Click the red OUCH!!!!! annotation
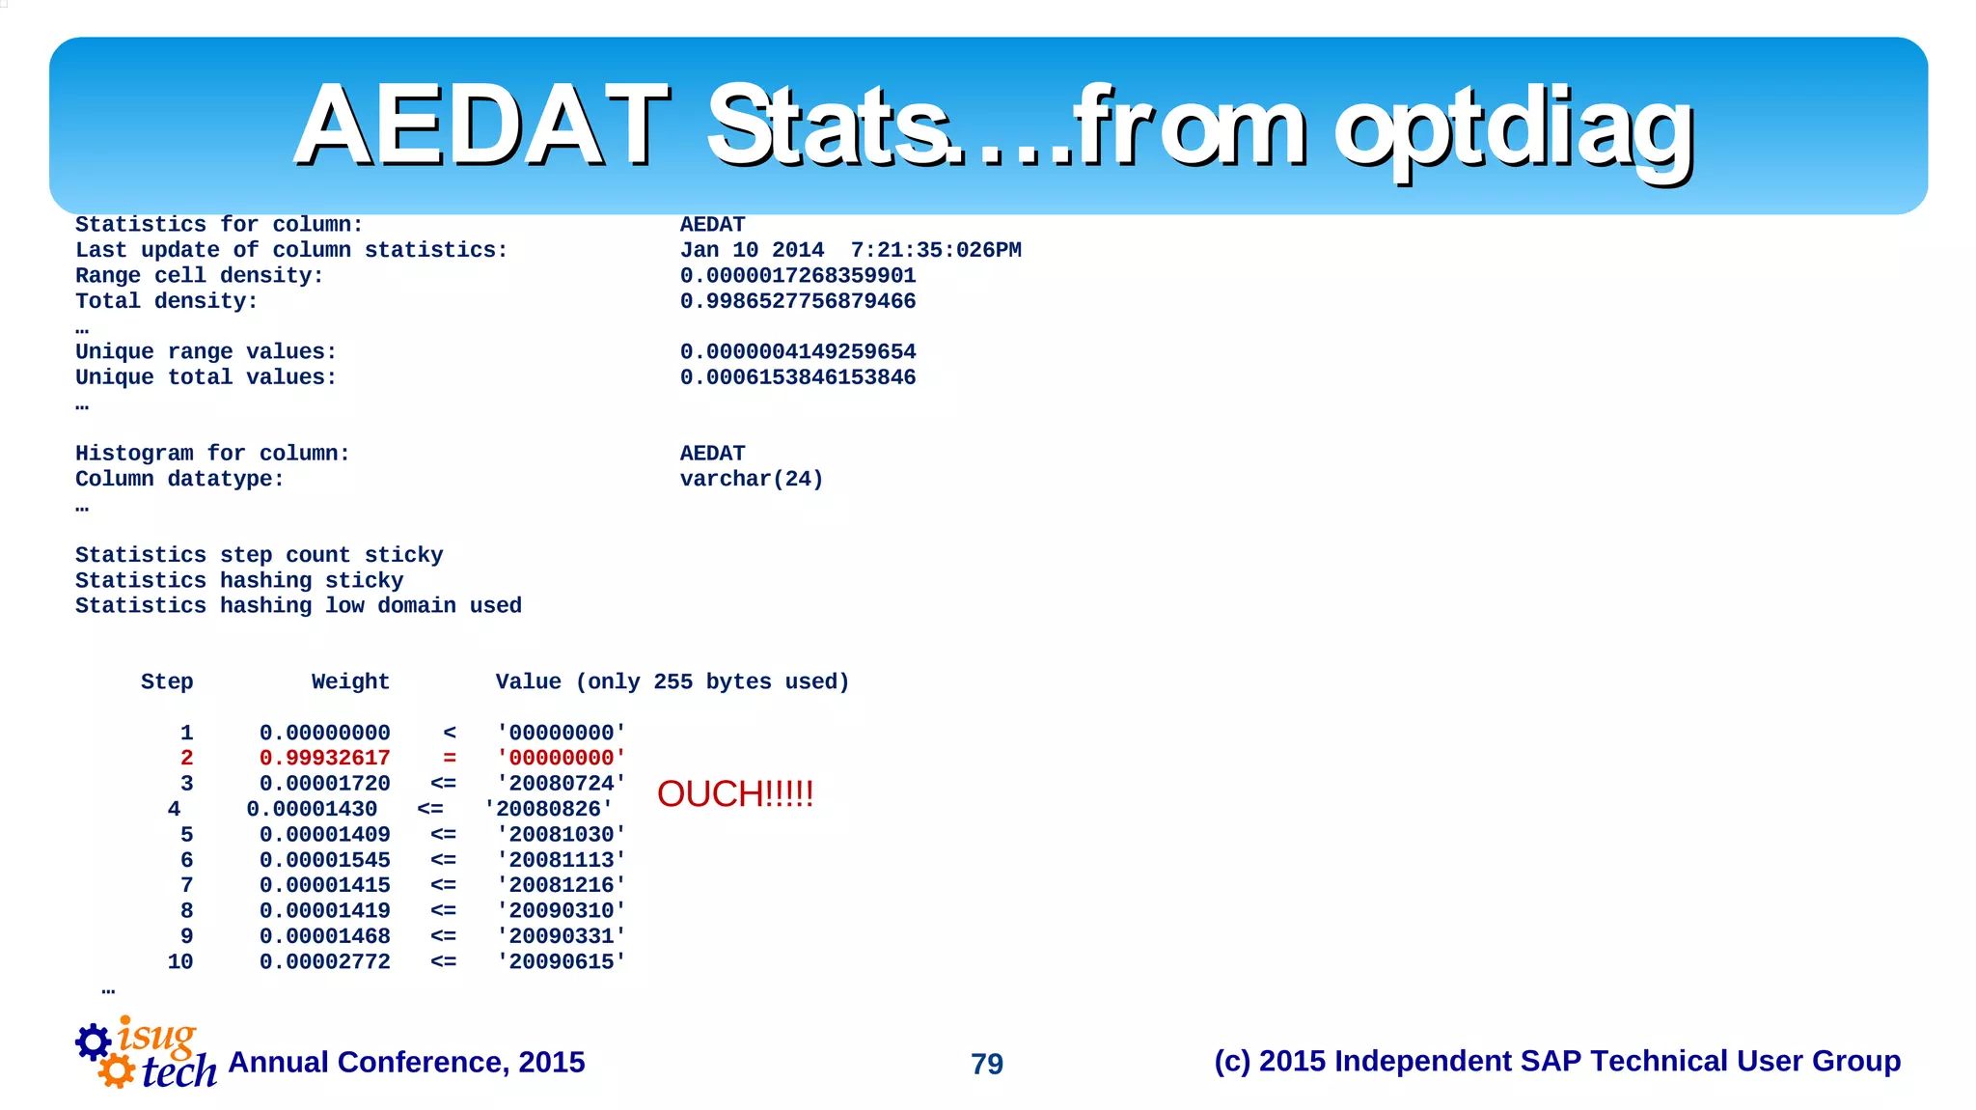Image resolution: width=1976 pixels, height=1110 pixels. click(735, 794)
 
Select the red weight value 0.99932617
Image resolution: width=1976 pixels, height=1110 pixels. click(324, 759)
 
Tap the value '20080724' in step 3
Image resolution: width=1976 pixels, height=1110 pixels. click(562, 784)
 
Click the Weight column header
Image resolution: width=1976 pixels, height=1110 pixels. click(350, 682)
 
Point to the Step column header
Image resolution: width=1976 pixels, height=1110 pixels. click(167, 682)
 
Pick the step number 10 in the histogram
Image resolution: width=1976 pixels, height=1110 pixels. click(180, 962)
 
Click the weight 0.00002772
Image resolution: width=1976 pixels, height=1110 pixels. click(324, 962)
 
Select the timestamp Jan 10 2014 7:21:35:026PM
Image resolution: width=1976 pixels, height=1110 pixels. click(850, 251)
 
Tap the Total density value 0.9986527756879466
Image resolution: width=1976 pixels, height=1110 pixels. click(798, 301)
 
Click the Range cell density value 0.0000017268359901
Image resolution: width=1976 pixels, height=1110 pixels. click(798, 276)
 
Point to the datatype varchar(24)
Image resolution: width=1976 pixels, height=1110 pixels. click(752, 480)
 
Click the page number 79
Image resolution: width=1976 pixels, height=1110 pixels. click(987, 1064)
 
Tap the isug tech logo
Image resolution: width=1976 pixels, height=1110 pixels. click(146, 1054)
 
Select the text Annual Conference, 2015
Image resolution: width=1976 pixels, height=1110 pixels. click(406, 1063)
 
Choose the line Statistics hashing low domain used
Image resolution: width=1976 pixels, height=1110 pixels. click(298, 606)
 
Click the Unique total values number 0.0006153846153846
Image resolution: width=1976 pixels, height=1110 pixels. click(798, 377)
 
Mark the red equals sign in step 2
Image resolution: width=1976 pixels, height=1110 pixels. click(450, 759)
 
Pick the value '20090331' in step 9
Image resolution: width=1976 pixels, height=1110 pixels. click(562, 936)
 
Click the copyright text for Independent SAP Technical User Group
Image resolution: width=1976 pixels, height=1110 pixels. click(1556, 1062)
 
